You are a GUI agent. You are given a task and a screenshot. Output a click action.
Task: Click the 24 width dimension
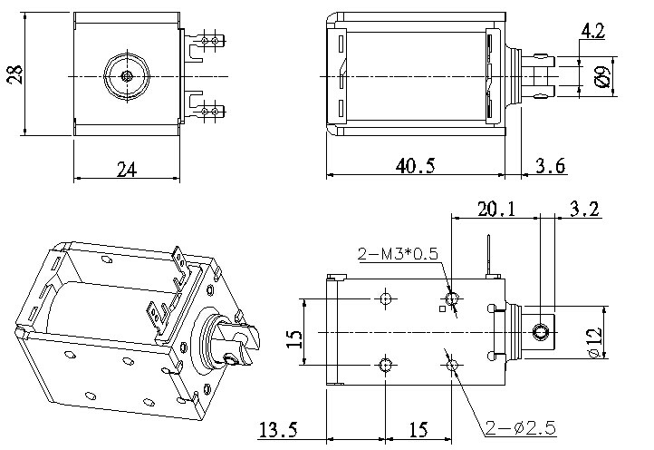pos(126,170)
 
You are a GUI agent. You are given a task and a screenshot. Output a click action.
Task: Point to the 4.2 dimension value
pos(592,33)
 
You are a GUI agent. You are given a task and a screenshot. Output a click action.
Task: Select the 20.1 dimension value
pos(497,210)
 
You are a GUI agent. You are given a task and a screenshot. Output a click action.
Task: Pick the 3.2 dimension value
pos(584,210)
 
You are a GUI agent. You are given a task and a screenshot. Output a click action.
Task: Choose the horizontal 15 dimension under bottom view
pos(419,427)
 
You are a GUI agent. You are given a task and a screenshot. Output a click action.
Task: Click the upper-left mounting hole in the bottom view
pos(385,298)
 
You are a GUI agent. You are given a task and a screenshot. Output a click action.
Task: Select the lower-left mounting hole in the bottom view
pos(385,365)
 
